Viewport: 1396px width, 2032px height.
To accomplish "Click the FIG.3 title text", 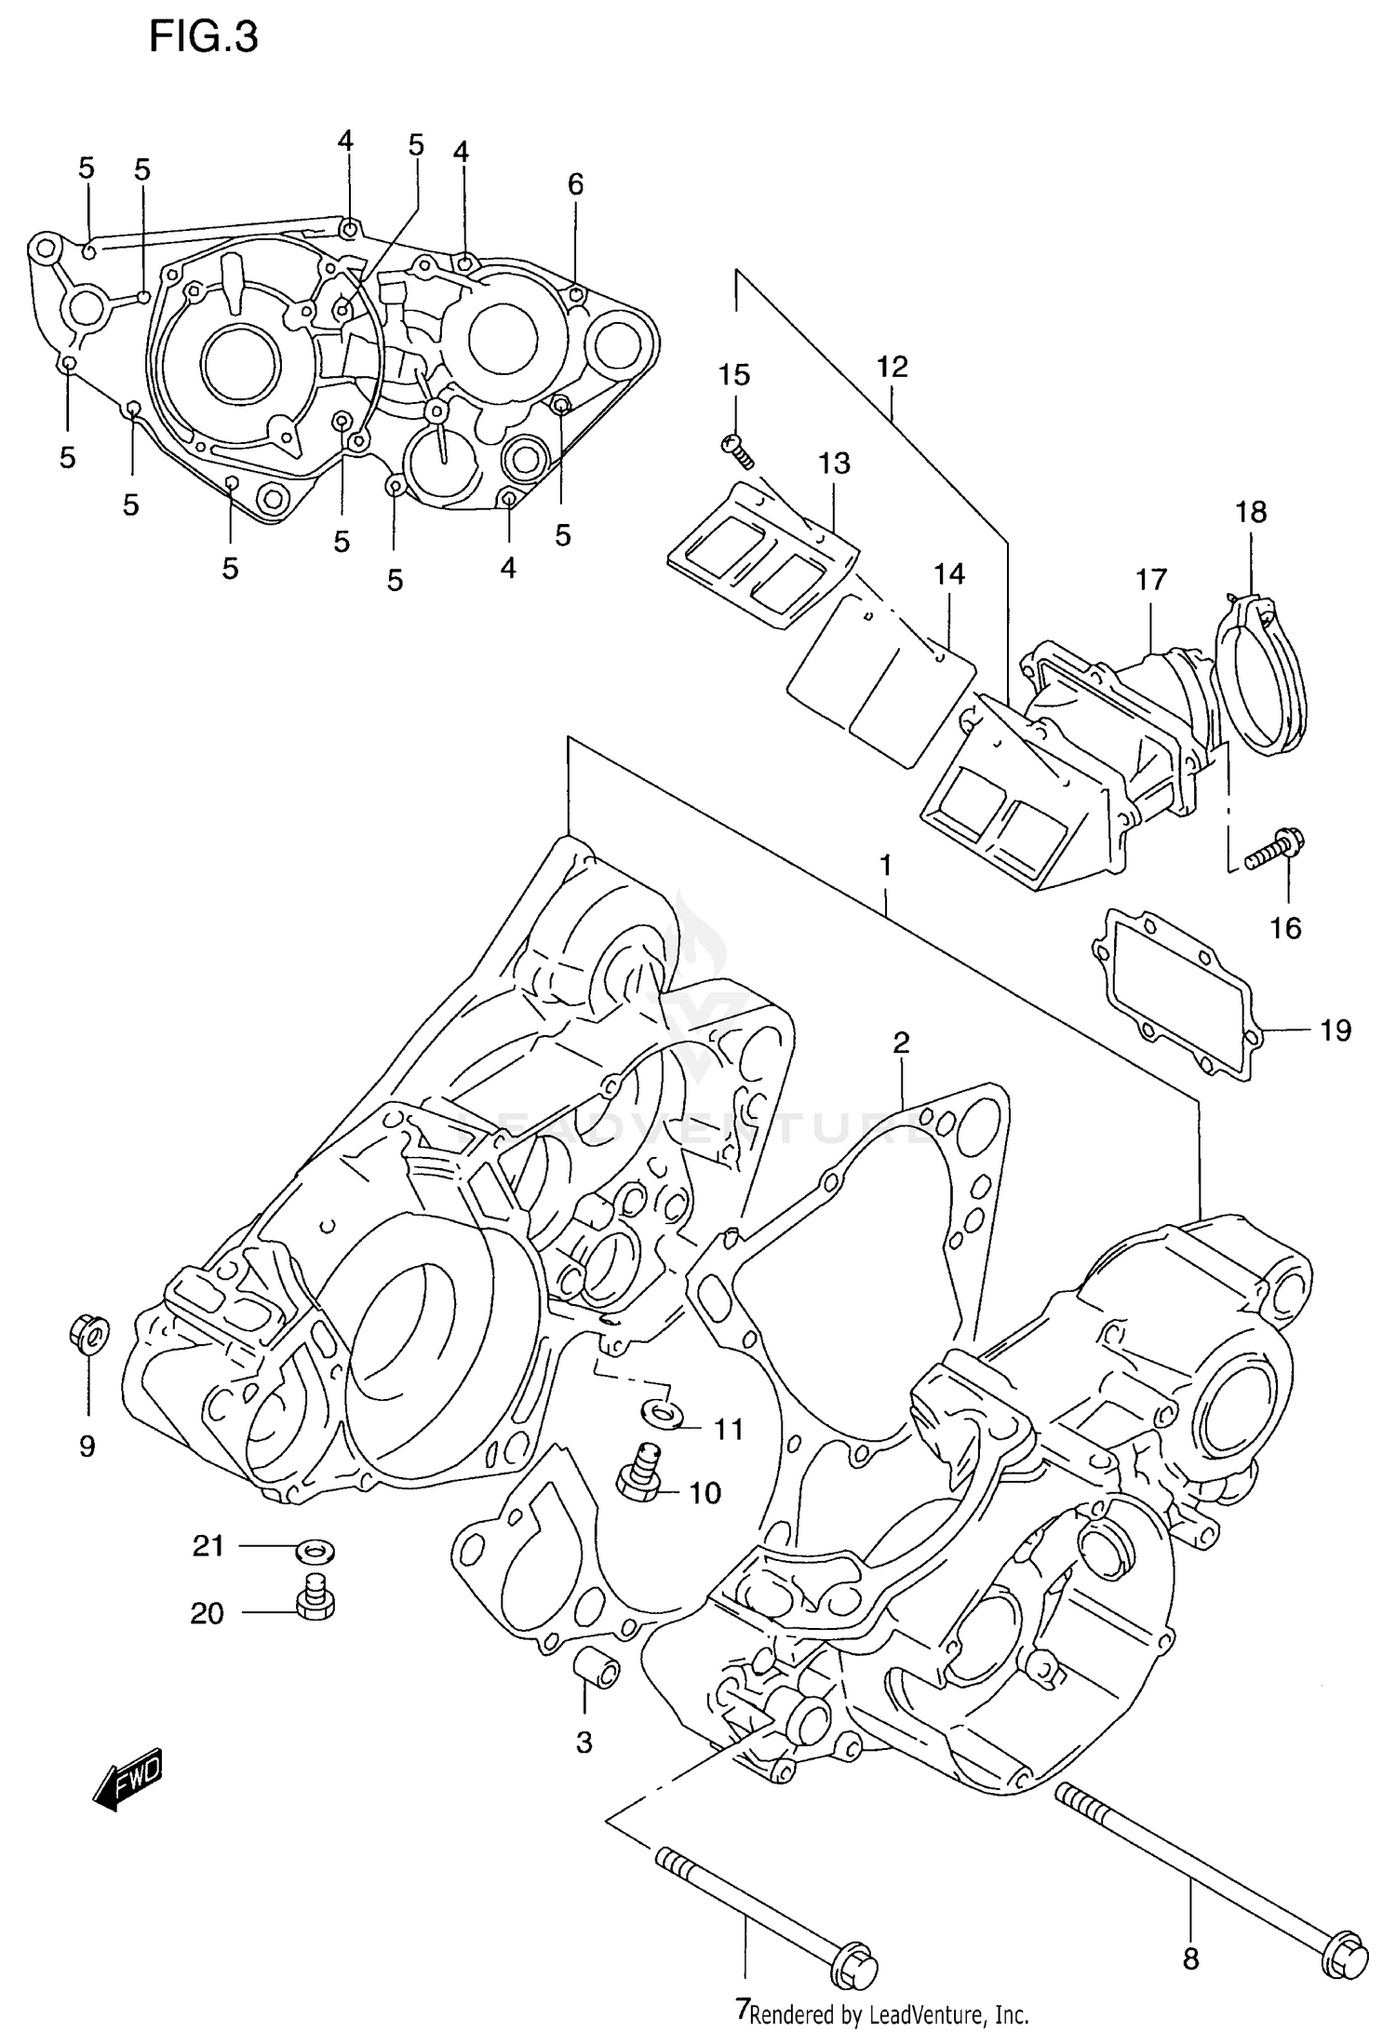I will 204,39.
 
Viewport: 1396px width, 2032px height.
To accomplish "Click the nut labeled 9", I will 88,1334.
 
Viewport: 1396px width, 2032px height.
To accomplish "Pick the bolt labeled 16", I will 1274,850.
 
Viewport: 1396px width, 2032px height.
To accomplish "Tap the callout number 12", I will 892,367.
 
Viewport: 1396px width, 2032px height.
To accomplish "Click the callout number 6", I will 575,185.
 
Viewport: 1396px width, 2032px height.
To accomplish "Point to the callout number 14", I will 949,574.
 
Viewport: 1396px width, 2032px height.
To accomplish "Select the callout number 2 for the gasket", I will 900,1043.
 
